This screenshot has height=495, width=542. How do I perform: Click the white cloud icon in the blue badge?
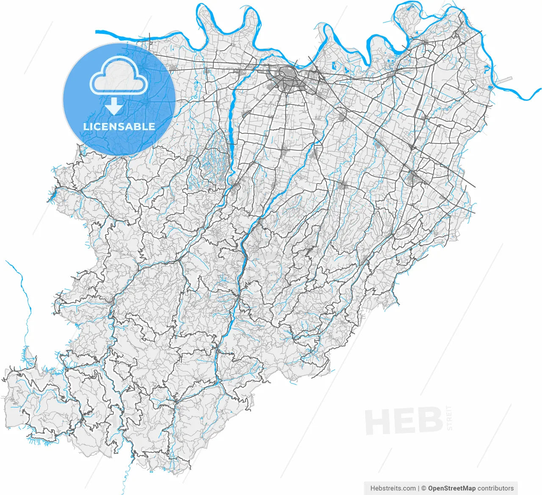[x=119, y=76]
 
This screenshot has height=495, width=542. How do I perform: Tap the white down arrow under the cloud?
[x=114, y=106]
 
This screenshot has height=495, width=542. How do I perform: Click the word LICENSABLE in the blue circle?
[x=119, y=126]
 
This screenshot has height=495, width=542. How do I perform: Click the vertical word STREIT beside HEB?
[x=449, y=418]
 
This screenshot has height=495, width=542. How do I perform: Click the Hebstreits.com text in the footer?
[x=393, y=488]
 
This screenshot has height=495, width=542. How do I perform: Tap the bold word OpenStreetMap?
[x=451, y=488]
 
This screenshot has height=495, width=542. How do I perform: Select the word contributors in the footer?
[x=495, y=488]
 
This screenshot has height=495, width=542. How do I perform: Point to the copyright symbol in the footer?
[x=423, y=488]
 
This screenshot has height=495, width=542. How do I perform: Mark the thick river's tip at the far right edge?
[x=540, y=90]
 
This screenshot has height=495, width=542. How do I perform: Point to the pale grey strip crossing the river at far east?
[x=503, y=81]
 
